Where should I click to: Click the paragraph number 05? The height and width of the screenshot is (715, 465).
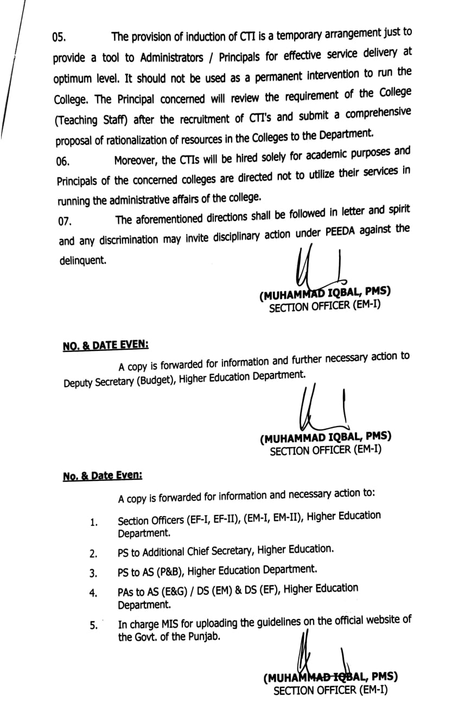[59, 37]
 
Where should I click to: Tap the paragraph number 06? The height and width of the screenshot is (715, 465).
[62, 161]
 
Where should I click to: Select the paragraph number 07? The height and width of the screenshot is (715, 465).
[65, 221]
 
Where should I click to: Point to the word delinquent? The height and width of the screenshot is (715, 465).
[82, 261]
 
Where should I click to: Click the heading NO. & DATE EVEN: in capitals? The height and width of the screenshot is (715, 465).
[106, 345]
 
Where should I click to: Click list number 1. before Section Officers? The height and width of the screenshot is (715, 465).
[93, 523]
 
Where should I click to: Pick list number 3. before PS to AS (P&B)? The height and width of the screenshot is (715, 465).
[93, 573]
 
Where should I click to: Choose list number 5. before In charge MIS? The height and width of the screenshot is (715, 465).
[93, 625]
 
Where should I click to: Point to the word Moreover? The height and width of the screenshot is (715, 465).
[137, 160]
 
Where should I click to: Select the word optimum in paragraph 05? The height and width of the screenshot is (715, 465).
[72, 79]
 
